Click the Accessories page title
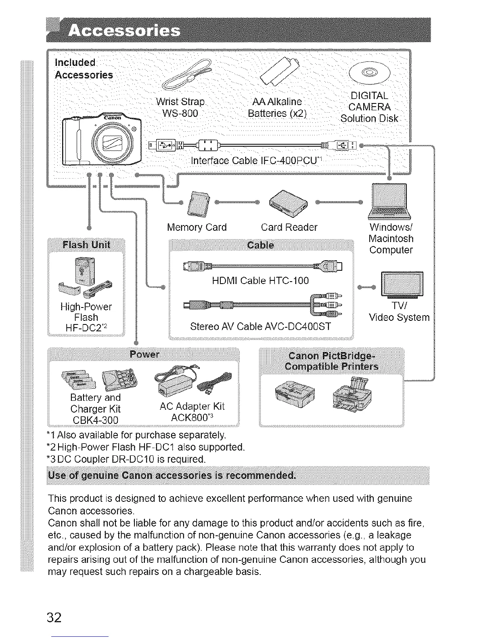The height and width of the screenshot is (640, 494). pos(125,31)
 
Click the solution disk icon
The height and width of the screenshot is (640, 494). pos(370,72)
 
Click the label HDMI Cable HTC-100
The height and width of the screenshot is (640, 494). pos(260,280)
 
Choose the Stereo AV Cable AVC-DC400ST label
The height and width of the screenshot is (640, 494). pos(260,326)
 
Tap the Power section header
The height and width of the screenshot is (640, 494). pos(144,354)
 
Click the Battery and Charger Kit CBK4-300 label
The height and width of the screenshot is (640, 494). pos(95,409)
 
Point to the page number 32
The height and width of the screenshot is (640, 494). pos(54,618)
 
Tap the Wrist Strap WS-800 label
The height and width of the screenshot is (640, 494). pos(180,107)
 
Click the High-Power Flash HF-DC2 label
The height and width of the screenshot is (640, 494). pos(86,318)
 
